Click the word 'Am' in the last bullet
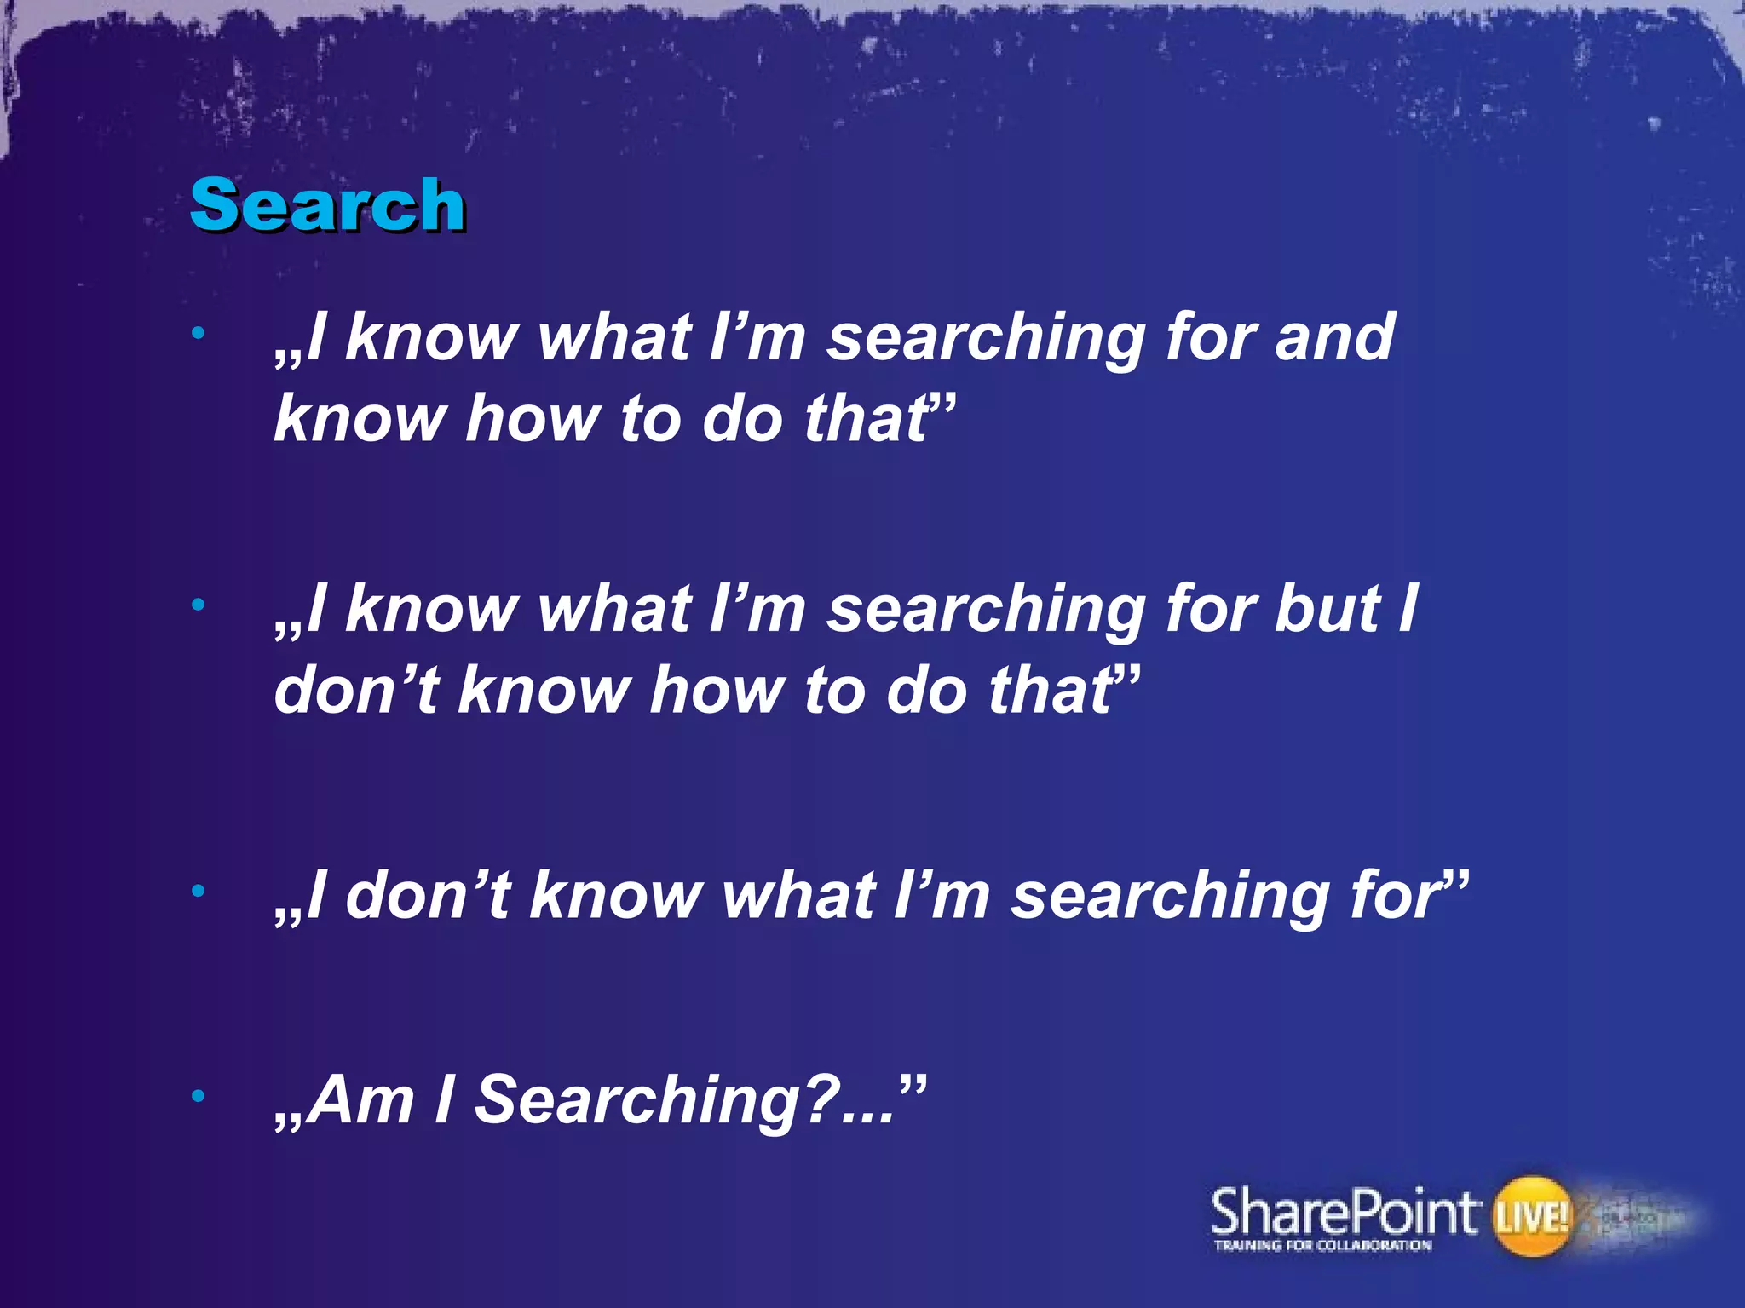360,1100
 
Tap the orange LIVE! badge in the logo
1530,1215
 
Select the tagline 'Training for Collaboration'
1322,1246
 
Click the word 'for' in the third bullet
1396,896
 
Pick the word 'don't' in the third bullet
428,896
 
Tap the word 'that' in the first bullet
867,419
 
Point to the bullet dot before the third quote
199,892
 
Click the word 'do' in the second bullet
927,690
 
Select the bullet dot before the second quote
199,605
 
